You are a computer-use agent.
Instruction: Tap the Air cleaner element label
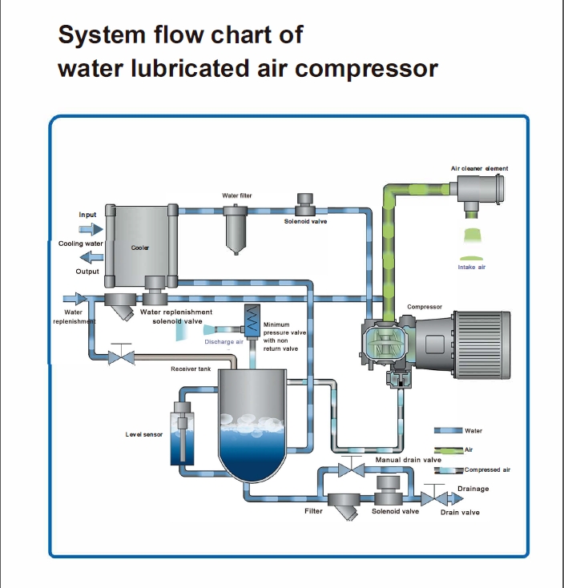tap(479, 168)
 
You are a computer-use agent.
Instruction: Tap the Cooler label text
tap(140, 248)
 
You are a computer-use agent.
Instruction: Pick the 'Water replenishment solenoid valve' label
tap(176, 316)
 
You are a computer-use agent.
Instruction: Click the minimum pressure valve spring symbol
tap(252, 321)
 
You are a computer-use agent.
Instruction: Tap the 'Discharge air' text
tap(224, 342)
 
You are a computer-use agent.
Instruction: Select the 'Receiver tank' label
tap(191, 369)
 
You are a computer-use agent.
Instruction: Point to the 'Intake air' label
tap(472, 267)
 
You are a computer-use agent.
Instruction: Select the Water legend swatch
tap(449, 431)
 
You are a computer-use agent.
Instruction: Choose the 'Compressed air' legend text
tap(487, 469)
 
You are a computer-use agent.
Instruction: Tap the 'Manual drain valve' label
tap(409, 460)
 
